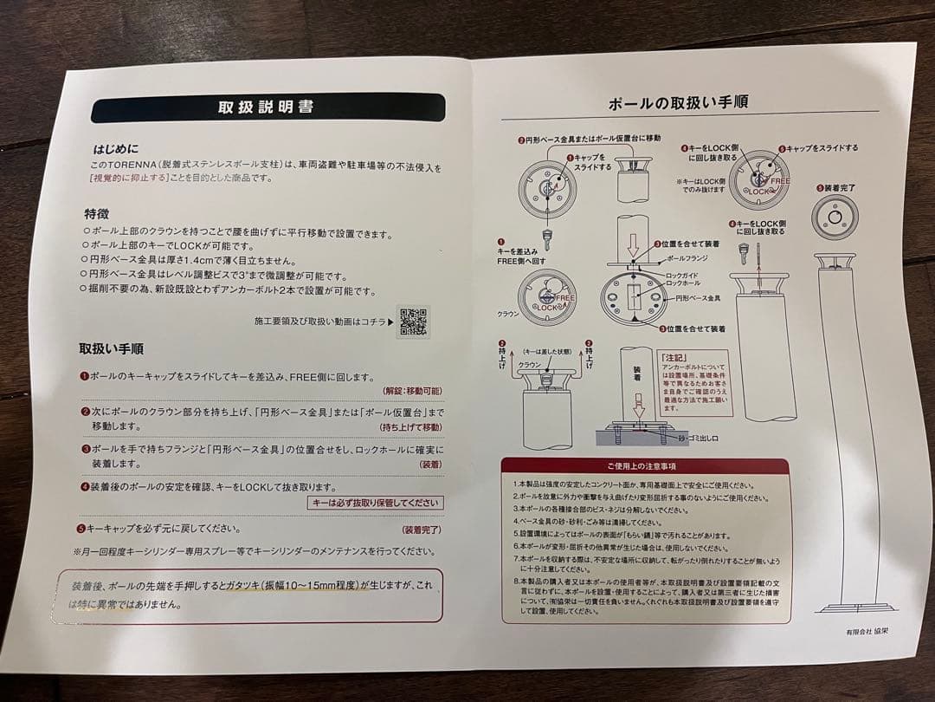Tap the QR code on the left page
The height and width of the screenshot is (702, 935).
click(413, 321)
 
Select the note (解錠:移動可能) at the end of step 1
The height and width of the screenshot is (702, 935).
click(412, 392)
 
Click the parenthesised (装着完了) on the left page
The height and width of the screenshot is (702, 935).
click(421, 529)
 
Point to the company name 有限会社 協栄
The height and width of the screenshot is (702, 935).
click(867, 633)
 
